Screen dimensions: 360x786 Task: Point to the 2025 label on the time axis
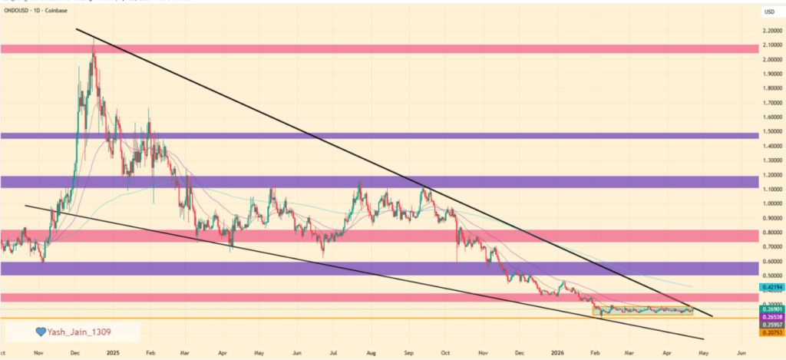pos(113,352)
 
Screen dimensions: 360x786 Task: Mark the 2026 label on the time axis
pos(557,352)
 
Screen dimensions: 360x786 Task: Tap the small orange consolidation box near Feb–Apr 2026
pos(644,311)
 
